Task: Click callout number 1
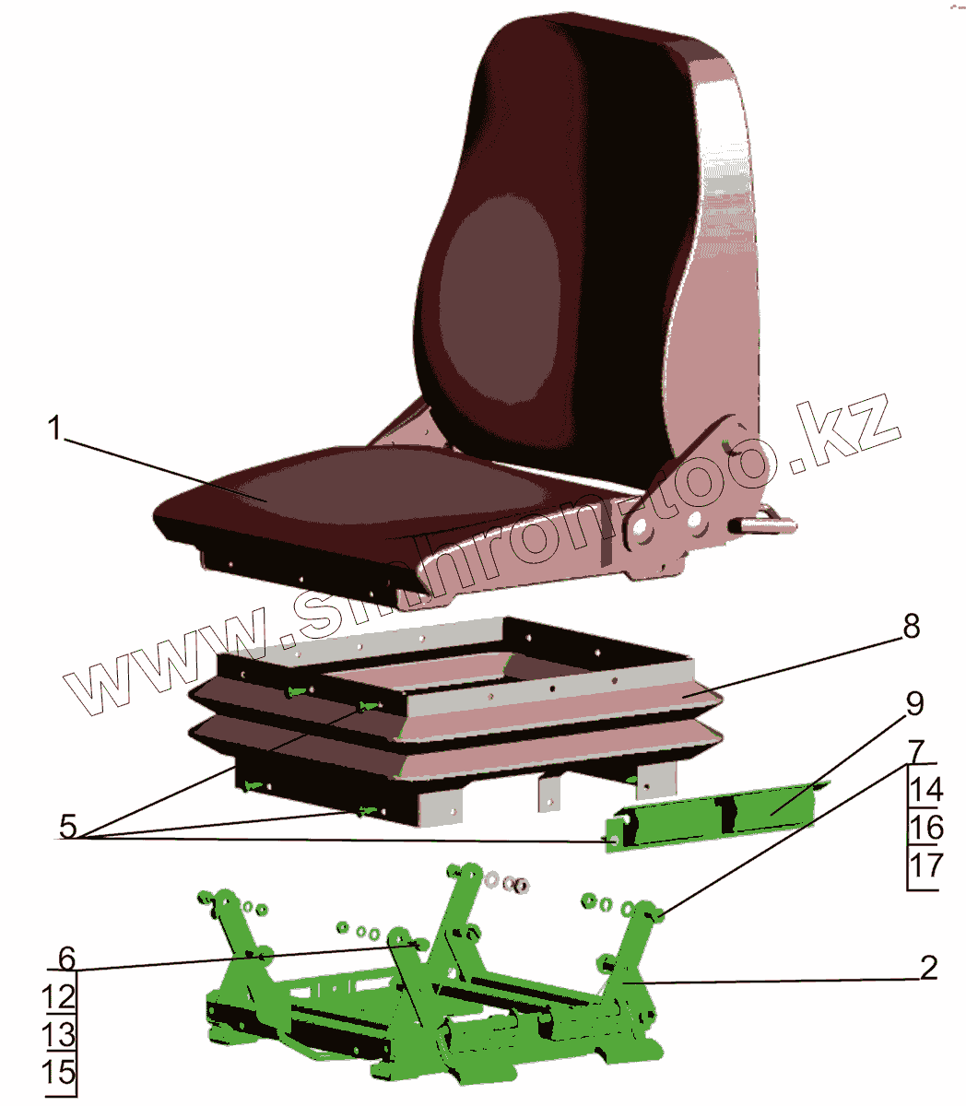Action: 55,429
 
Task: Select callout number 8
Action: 910,628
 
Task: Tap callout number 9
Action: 913,704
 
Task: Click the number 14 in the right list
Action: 925,790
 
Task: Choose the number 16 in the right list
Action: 925,827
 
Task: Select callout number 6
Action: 65,959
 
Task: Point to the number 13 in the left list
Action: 59,1034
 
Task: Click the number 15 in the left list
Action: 59,1073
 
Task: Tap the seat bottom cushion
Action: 359,498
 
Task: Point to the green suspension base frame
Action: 433,1005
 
